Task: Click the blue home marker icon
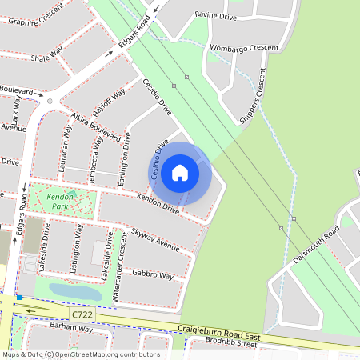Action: click(x=180, y=173)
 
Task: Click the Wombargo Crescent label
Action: click(x=244, y=48)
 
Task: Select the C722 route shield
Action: click(x=82, y=315)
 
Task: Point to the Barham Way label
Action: click(x=65, y=329)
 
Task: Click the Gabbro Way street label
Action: click(x=153, y=274)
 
